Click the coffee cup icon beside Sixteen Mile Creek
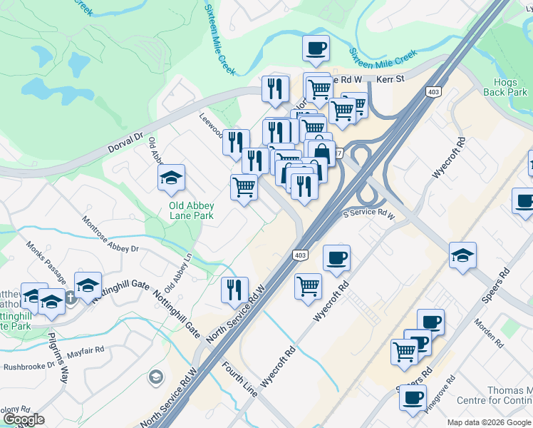click(316, 49)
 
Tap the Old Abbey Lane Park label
click(191, 211)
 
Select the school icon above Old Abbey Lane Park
click(171, 178)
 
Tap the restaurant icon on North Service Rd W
click(234, 290)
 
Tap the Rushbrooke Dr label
click(29, 367)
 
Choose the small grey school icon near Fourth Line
click(155, 376)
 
